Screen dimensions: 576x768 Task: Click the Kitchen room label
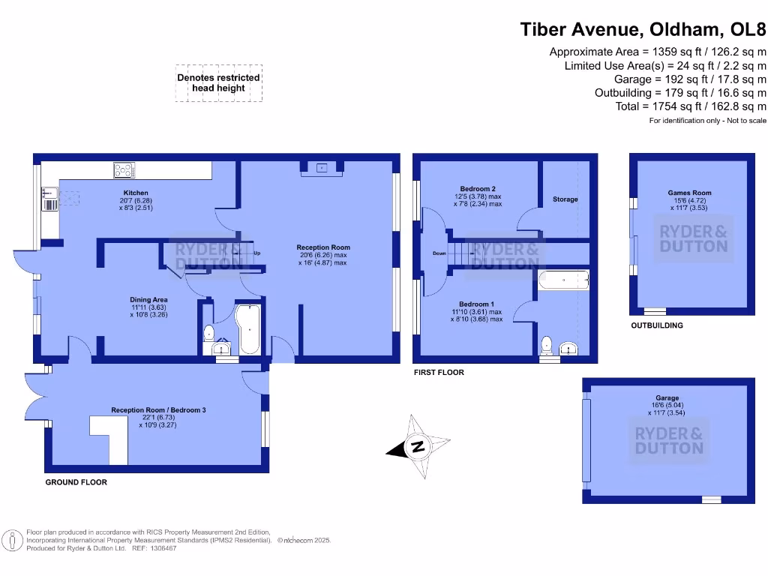(136, 193)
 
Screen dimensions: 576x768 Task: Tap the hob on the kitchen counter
(122, 171)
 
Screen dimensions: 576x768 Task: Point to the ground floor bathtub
(248, 329)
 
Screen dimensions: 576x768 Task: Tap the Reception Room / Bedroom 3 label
(158, 410)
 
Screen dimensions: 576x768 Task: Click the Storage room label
(565, 199)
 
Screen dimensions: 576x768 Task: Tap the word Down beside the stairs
(440, 253)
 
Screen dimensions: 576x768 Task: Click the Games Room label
(689, 193)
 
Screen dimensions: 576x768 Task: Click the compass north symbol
(418, 447)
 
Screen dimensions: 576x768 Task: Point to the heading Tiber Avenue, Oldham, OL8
(643, 30)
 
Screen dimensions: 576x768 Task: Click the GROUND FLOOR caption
(76, 482)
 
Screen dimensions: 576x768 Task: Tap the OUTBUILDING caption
(657, 326)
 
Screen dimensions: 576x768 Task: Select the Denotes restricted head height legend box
(218, 82)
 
